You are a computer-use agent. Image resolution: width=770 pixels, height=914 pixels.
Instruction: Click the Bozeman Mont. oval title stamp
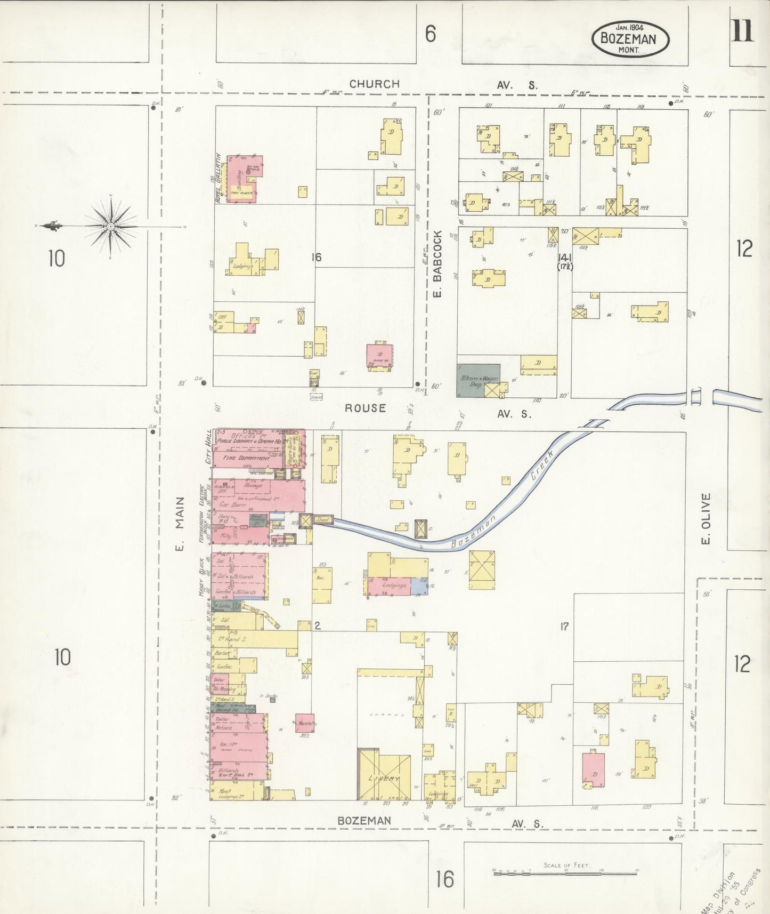[630, 38]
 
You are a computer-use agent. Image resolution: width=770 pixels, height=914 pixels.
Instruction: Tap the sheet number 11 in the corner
[742, 32]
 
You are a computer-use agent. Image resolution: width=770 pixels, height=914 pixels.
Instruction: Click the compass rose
[110, 227]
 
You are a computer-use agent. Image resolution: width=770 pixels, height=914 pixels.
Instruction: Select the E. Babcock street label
[438, 263]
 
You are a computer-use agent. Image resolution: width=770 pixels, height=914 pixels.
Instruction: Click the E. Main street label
[180, 523]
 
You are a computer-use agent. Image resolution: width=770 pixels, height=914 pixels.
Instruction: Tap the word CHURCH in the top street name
[375, 84]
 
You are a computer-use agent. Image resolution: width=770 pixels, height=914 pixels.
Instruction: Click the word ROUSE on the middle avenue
[365, 408]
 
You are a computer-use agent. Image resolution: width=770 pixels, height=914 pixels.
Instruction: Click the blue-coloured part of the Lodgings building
[419, 585]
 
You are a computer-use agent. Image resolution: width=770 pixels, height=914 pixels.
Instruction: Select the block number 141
[565, 256]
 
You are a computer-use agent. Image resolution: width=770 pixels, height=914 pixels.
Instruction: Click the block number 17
[564, 627]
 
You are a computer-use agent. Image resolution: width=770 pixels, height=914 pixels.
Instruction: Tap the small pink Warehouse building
[305, 723]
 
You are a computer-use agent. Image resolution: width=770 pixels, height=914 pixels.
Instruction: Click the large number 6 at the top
[430, 34]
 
